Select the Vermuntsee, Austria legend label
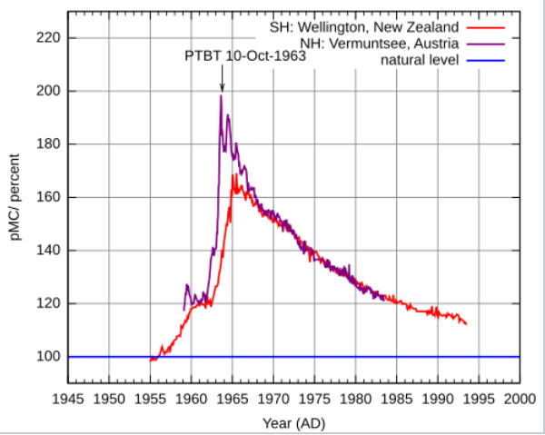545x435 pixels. [379, 44]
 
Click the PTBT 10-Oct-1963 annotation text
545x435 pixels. [245, 55]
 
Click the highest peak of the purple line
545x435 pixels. [221, 96]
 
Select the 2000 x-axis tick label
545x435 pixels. [520, 400]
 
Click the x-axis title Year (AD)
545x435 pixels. [293, 423]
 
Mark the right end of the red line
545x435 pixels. [466, 323]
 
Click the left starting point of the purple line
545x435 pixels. [183, 310]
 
